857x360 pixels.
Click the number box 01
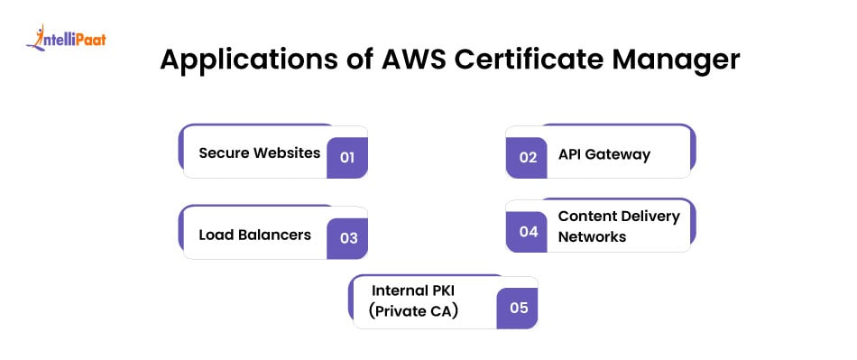[347, 157]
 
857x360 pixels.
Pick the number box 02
[528, 157]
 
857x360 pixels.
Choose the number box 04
[528, 231]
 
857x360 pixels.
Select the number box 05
[518, 308]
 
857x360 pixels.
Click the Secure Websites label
[259, 152]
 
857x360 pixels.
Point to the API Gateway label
[604, 154]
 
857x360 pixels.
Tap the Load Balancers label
[254, 235]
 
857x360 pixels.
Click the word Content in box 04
[587, 216]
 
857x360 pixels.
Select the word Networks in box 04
[592, 236]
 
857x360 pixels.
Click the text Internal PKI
[410, 290]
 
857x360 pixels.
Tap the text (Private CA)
[413, 312]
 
